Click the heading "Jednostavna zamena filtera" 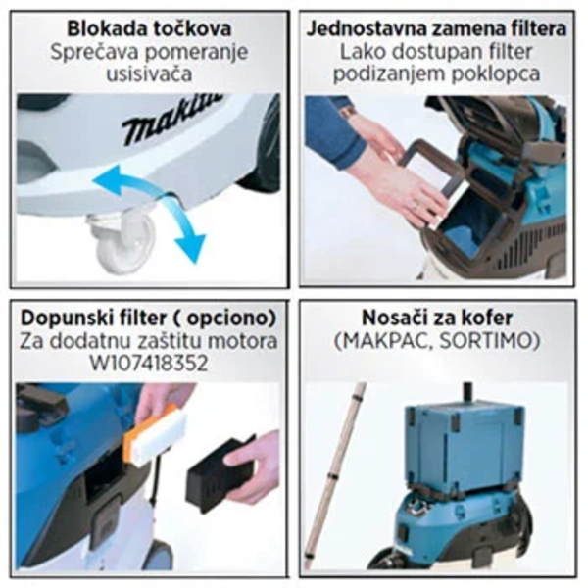coord(436,27)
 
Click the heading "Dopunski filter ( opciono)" coord(148,318)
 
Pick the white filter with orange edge coord(157,432)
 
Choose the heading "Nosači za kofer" coord(437,318)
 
